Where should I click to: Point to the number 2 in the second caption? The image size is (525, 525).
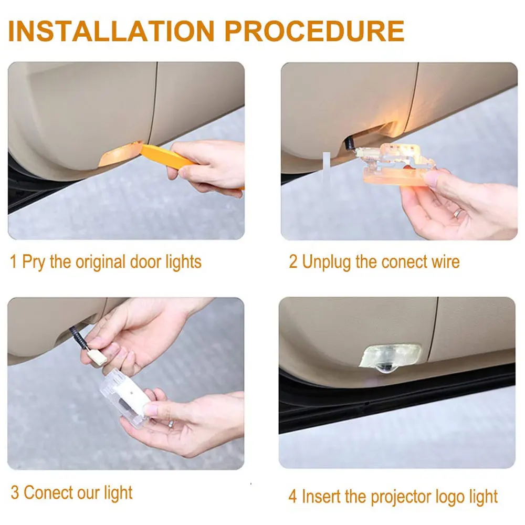[x=293, y=261]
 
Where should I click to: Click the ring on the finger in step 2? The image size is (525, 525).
[x=458, y=213]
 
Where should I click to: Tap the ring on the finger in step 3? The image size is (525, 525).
[x=170, y=423]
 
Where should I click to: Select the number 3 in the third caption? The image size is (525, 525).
[x=15, y=493]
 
